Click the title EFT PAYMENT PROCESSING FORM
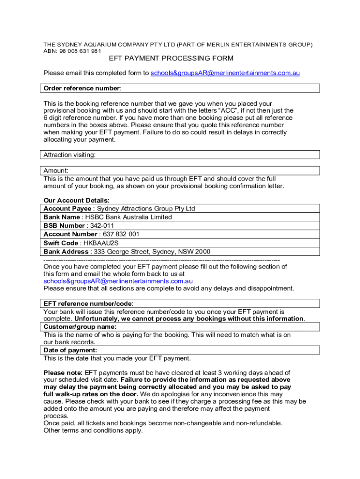click(x=171, y=58)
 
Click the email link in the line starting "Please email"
click(x=225, y=73)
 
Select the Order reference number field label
click(x=82, y=88)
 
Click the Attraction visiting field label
click(x=70, y=155)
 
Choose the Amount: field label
click(x=56, y=171)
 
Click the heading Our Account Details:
click(x=76, y=201)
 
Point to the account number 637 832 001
click(x=121, y=234)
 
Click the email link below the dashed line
click(x=118, y=281)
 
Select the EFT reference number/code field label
click(x=88, y=304)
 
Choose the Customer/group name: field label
click(x=80, y=327)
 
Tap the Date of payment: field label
click(x=70, y=350)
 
